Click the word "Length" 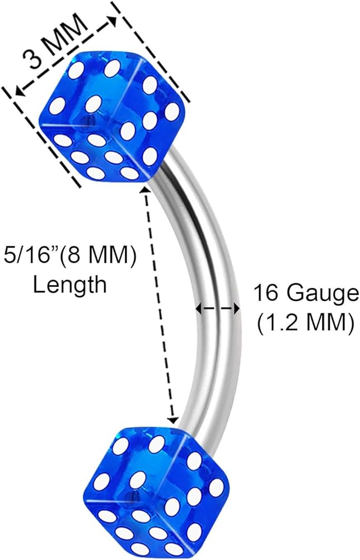click(x=69, y=284)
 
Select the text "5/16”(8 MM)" click(x=71, y=259)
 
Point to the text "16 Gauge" click(x=305, y=293)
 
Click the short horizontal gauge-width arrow click(x=218, y=308)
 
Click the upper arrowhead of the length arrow click(x=147, y=191)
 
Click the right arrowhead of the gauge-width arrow click(x=237, y=308)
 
